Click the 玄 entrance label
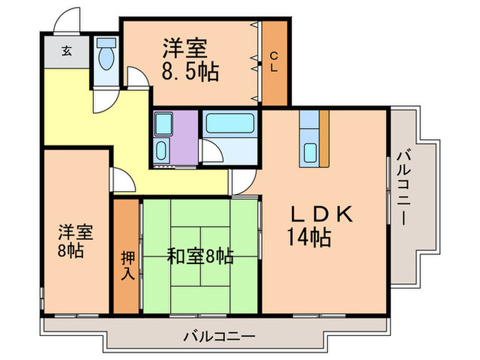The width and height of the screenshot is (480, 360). point(67,50)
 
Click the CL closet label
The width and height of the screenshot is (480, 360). point(274,63)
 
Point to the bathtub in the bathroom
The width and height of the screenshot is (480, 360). point(230,123)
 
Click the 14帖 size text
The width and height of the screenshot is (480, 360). point(309,238)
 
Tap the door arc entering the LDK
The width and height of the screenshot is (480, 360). point(242,182)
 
